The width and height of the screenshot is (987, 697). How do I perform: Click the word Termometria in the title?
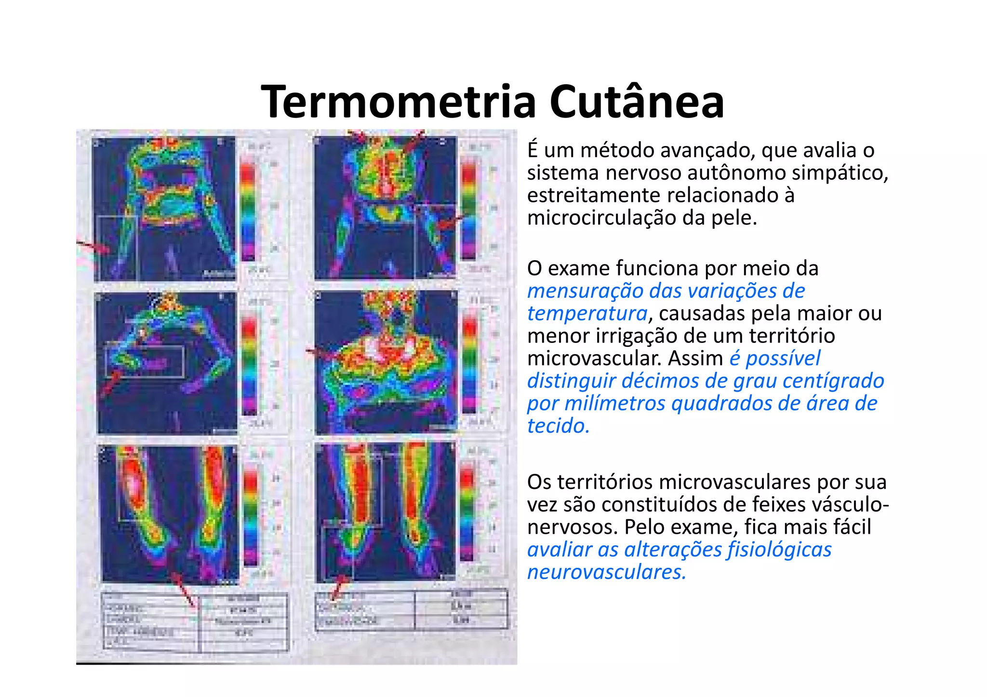click(x=398, y=102)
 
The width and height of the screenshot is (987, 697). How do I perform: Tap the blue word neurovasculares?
click(x=606, y=572)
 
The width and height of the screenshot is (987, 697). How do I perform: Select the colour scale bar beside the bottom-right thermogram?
click(x=467, y=511)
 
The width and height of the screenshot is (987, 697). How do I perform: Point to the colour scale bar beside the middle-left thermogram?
click(x=249, y=364)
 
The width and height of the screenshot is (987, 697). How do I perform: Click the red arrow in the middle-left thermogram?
click(x=111, y=383)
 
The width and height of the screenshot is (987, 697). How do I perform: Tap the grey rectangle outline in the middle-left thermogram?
click(x=145, y=361)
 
